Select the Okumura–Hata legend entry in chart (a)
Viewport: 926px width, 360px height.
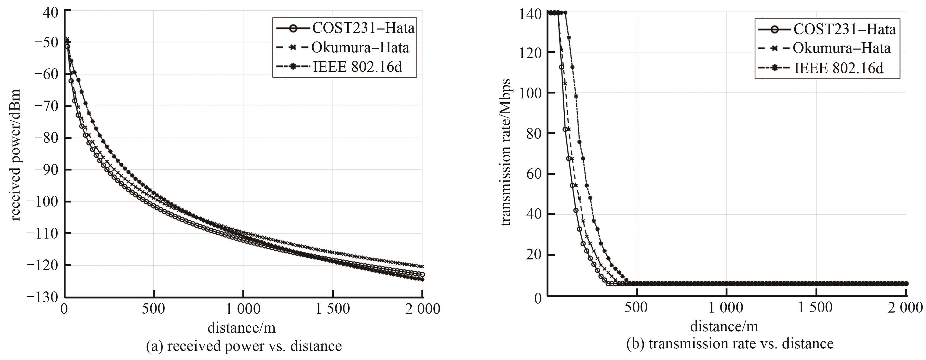[x=342, y=47]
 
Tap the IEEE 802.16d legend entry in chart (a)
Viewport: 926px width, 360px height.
[x=339, y=67]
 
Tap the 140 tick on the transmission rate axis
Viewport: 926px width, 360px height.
[x=530, y=14]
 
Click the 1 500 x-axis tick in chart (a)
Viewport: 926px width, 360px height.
[x=333, y=308]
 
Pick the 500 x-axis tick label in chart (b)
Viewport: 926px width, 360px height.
[x=636, y=307]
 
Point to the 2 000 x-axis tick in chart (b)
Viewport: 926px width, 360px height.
[x=905, y=307]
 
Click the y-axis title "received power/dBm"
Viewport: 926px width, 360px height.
[x=15, y=155]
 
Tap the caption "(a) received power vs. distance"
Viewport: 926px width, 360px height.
[x=244, y=346]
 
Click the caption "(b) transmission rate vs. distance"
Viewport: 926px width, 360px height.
[x=730, y=344]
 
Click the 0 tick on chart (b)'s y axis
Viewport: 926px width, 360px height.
[x=538, y=298]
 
